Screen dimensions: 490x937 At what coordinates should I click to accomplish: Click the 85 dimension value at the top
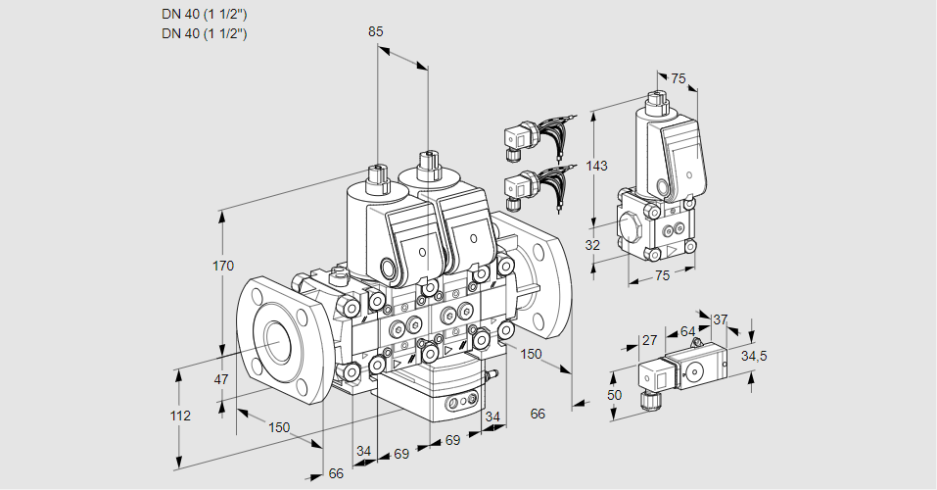pos(376,31)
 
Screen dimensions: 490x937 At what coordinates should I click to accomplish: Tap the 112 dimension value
pos(180,416)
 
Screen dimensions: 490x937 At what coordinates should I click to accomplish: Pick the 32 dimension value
pos(591,245)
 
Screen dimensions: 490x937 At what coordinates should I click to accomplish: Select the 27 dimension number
pos(648,340)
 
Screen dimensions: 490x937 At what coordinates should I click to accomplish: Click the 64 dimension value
pos(687,331)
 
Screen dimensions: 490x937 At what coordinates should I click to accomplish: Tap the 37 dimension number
pos(720,319)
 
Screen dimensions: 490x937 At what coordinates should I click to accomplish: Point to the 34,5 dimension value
pos(753,356)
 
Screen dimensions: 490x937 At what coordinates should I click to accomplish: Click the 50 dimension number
pos(614,395)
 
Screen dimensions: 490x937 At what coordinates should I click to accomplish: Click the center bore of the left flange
pos(277,339)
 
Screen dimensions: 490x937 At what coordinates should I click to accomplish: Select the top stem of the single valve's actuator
pos(655,100)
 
